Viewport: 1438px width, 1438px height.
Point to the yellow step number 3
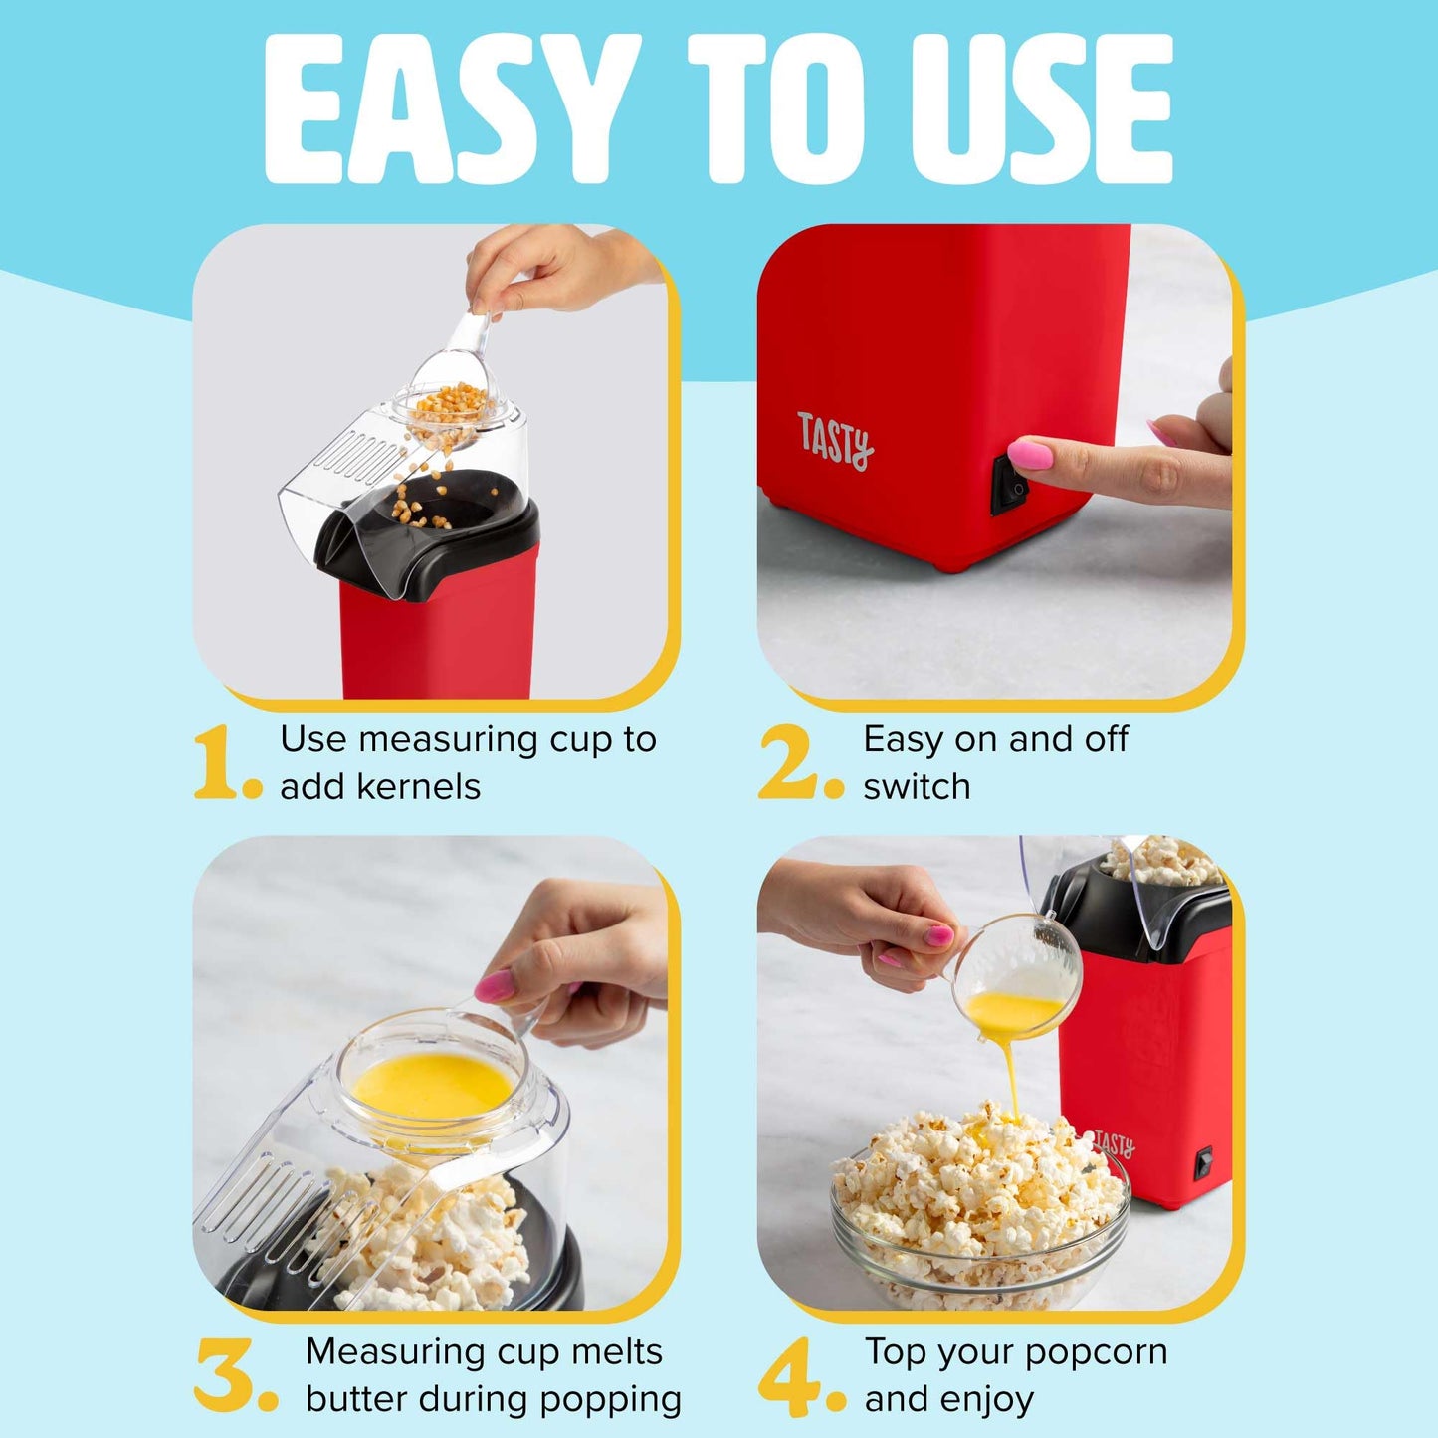point(226,1375)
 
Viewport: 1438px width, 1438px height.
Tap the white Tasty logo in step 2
point(834,441)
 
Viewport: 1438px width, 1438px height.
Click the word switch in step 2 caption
point(917,786)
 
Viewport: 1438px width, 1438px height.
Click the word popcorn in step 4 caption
point(1096,1351)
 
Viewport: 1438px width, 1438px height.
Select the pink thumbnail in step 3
point(495,986)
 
